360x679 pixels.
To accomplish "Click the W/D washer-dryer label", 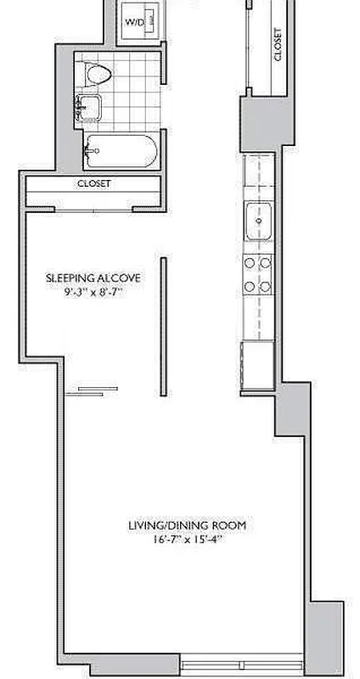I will tap(134, 22).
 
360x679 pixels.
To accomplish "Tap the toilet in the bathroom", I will tap(99, 76).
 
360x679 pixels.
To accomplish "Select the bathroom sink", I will tap(87, 107).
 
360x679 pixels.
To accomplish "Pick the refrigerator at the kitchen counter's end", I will tap(258, 366).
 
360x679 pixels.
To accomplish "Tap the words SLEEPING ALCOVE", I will tap(93, 278).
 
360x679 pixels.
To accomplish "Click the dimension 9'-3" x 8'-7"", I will tap(93, 293).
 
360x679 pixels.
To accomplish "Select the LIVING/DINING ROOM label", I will tap(187, 526).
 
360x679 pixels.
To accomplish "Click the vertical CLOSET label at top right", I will tap(278, 43).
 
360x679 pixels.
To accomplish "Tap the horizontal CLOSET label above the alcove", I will tap(93, 183).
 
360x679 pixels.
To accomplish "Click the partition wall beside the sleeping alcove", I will tap(161, 327).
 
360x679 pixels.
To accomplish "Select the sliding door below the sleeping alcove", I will tap(95, 390).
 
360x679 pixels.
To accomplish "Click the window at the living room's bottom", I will tap(242, 663).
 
